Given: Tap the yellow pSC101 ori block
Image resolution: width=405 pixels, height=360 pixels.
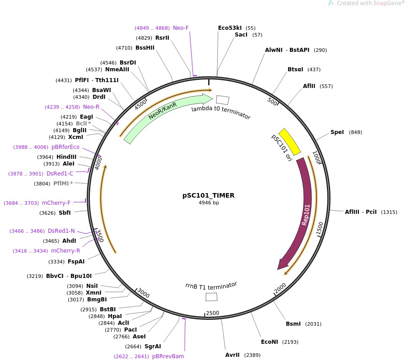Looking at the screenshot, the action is (289, 142).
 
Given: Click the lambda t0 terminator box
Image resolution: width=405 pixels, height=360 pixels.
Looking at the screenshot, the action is (223, 100).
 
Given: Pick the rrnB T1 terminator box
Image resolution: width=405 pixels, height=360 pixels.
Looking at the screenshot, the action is (211, 297).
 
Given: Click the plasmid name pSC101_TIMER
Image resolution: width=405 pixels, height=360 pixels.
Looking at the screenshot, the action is (209, 195).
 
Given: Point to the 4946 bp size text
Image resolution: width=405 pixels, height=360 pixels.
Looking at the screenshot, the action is (209, 203).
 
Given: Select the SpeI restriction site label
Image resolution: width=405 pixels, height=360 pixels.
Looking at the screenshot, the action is (337, 132).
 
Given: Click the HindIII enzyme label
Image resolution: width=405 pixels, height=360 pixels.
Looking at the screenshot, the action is (66, 157).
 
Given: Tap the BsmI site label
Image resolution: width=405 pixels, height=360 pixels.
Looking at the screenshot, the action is (293, 324).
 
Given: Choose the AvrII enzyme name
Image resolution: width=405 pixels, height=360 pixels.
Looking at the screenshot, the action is (233, 355).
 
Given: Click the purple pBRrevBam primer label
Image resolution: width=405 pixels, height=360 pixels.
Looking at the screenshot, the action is (168, 356).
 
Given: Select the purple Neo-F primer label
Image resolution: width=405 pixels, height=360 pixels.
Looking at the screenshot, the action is (181, 28).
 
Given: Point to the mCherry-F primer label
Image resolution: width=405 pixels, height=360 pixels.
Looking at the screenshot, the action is (56, 203).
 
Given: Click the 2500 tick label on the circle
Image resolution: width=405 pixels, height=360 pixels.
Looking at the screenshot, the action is (213, 313).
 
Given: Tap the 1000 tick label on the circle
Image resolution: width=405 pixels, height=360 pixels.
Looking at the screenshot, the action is (317, 157).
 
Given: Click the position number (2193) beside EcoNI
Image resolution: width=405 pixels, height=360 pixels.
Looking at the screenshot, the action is (290, 342).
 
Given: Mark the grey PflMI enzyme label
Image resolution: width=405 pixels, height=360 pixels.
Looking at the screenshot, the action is (61, 184).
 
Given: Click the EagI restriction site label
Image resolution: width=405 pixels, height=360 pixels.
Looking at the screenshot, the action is (86, 117).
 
